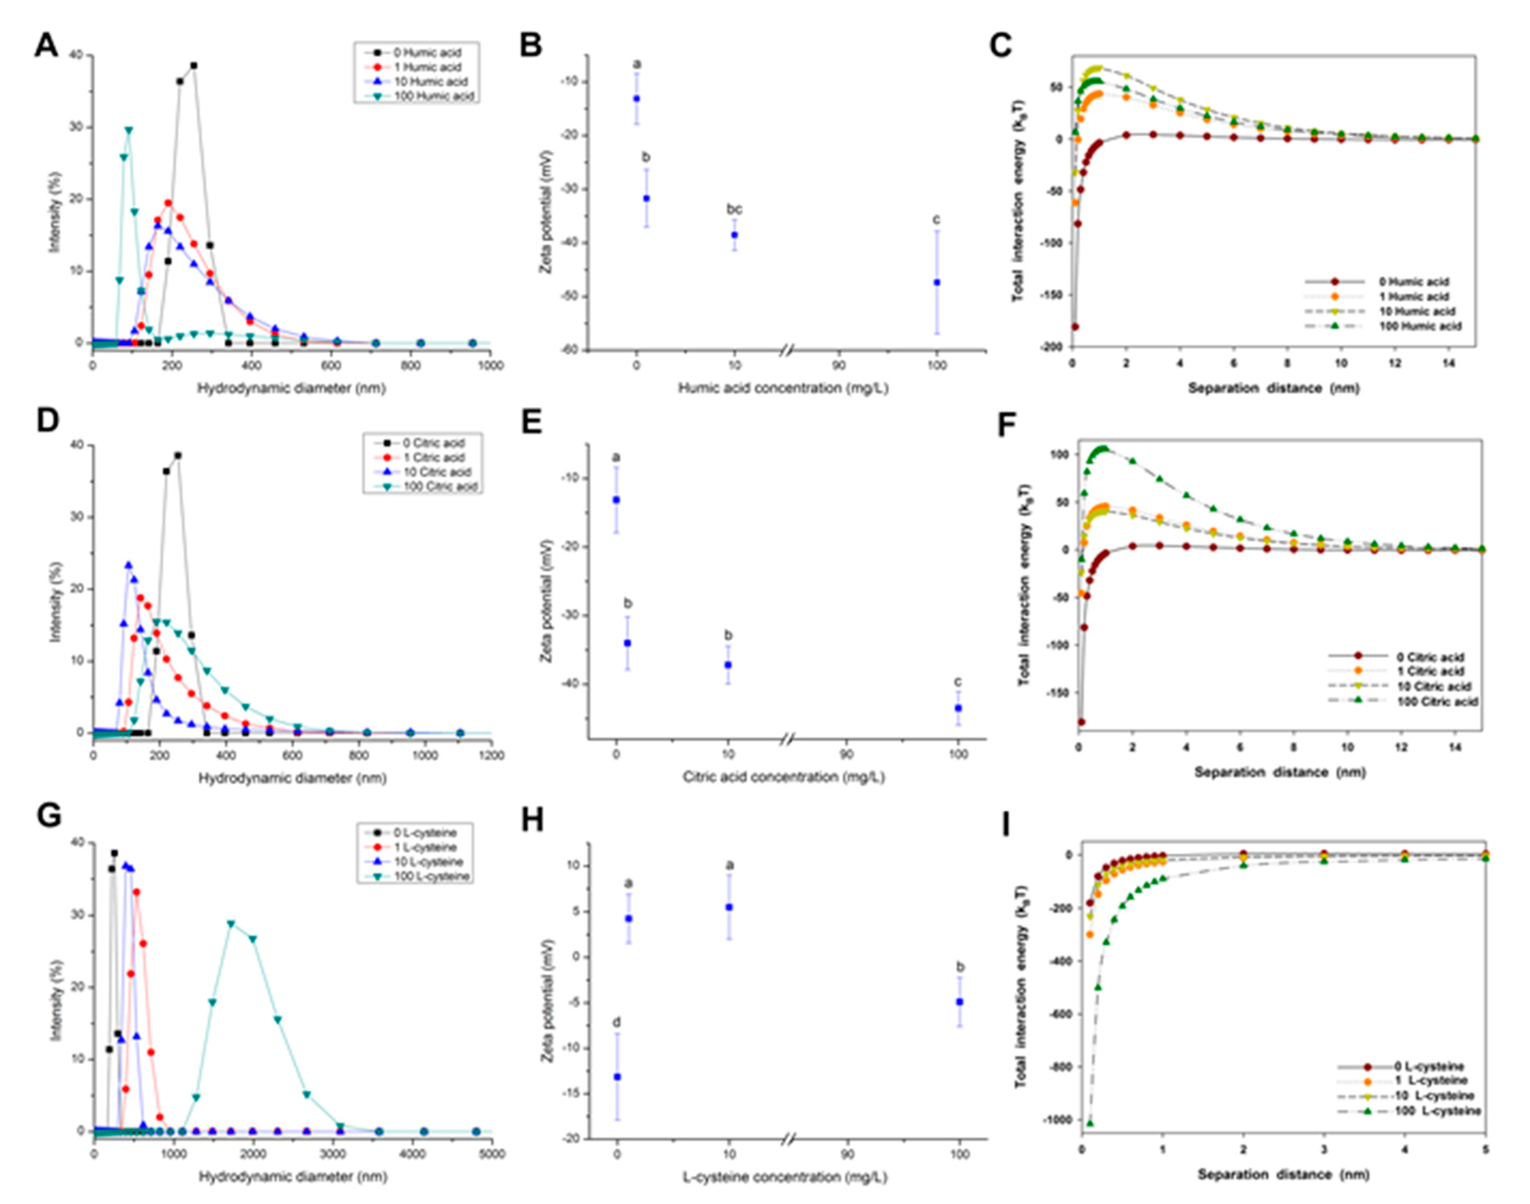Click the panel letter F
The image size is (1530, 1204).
coord(1013,426)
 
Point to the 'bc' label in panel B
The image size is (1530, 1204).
coord(734,209)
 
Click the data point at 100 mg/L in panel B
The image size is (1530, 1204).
coord(937,282)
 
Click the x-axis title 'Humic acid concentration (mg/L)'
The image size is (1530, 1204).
coord(783,388)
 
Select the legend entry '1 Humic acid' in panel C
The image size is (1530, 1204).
coord(1414,297)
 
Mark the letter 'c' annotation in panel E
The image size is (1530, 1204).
coord(958,682)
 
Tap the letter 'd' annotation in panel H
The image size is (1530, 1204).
coord(617,1022)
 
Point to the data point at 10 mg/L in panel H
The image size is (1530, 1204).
coord(729,907)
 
